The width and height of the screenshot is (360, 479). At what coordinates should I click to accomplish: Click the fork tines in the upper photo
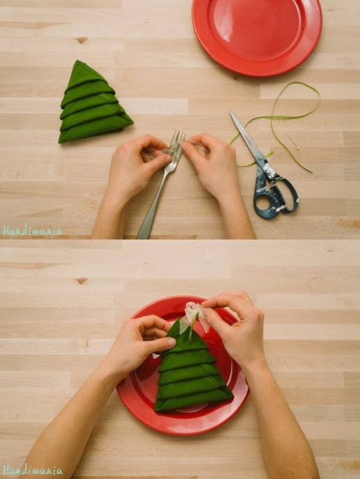coord(176,142)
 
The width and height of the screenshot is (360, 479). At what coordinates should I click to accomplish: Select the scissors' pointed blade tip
coord(231,112)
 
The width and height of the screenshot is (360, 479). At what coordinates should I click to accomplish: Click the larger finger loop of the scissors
coord(265,203)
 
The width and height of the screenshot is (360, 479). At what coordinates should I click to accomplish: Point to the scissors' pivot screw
coord(260,158)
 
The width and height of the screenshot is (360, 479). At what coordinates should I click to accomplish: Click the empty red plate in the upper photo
coord(257,37)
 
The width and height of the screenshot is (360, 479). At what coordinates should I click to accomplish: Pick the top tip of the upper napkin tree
coord(78,61)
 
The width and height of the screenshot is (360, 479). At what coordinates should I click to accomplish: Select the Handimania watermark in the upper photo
coord(33,230)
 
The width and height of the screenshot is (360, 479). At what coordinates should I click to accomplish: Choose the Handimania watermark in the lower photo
coord(33,470)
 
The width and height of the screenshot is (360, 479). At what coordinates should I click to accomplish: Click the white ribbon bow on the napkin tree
coord(194,318)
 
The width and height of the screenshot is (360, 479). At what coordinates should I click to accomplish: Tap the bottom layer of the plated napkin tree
coord(194,400)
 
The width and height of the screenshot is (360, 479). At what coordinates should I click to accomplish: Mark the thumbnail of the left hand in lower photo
coord(171,342)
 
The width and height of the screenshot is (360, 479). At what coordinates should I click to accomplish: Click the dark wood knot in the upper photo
coord(82,40)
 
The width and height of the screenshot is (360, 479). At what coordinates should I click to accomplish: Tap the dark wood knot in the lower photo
coord(81,280)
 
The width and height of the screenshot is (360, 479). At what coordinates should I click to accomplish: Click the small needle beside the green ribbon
coord(293,142)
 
